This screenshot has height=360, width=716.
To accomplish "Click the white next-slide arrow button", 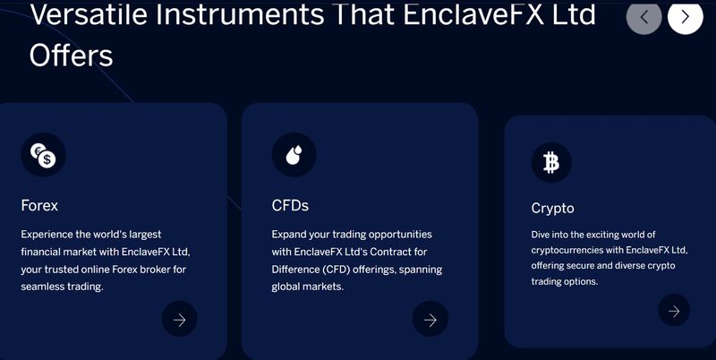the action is point(685,17).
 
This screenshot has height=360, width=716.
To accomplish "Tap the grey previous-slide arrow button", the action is point(644,17).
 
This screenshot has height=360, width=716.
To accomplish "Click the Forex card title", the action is point(39,206).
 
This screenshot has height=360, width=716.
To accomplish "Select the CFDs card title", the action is point(290,206).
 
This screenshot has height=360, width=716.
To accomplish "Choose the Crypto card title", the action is point(552,209).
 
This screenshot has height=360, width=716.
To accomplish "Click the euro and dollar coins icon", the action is point(43,155).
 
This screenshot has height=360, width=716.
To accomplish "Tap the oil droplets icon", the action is point(294,155).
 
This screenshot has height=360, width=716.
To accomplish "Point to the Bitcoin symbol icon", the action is point(551,163).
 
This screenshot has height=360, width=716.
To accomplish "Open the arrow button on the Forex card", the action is point(180,319).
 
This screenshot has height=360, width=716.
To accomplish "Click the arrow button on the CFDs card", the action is point(430,319).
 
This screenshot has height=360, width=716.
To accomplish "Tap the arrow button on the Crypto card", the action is point(674,310).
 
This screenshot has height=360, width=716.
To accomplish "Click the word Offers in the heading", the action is point(71,56).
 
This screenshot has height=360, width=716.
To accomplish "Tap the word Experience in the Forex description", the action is point(47,235).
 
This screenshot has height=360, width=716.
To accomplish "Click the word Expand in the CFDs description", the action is point(288,235).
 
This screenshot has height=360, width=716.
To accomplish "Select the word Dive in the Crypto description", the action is point(541,235).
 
